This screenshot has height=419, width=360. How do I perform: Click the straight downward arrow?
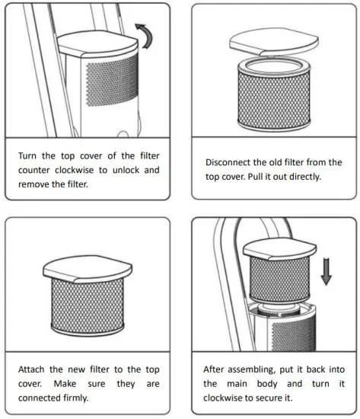tap(326, 271)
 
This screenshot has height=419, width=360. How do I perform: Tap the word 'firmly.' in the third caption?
tap(76, 398)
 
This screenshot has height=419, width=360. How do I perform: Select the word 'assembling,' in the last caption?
tap(251, 369)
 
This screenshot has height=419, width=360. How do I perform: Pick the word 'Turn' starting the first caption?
tap(27, 155)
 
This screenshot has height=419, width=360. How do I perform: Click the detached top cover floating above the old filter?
tap(274, 42)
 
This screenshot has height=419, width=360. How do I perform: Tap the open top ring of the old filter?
tap(274, 66)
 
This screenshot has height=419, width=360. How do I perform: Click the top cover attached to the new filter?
tap(88, 269)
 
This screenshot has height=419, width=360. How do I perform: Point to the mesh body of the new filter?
tap(88, 305)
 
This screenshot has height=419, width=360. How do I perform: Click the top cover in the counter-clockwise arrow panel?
tap(97, 43)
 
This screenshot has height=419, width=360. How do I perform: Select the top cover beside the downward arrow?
tap(279, 249)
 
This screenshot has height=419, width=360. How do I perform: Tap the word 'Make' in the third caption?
tap(65, 384)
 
